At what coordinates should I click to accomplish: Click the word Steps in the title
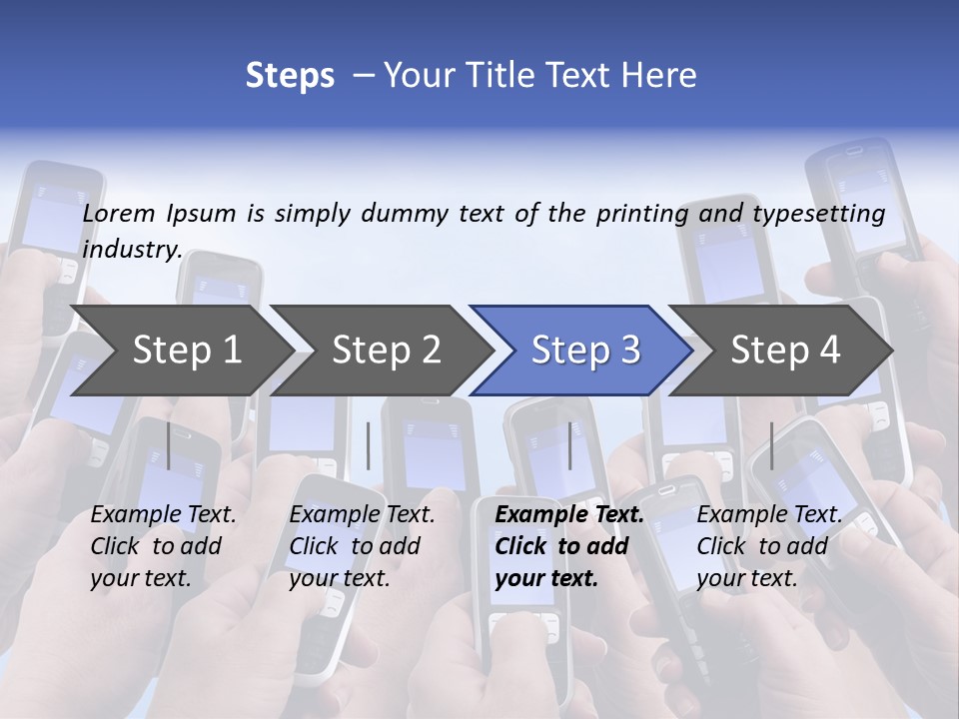tap(290, 76)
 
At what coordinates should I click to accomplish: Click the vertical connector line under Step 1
tap(169, 445)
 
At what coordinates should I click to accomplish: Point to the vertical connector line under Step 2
tap(369, 445)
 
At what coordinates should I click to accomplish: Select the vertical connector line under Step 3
tap(570, 445)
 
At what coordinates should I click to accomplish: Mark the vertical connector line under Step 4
tap(771, 445)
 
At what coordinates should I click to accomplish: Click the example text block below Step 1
tap(163, 546)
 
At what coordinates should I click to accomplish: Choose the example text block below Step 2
tap(362, 546)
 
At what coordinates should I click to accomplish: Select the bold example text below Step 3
tap(569, 546)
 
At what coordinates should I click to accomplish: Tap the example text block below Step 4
tap(769, 546)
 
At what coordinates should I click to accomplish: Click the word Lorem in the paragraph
tap(119, 214)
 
